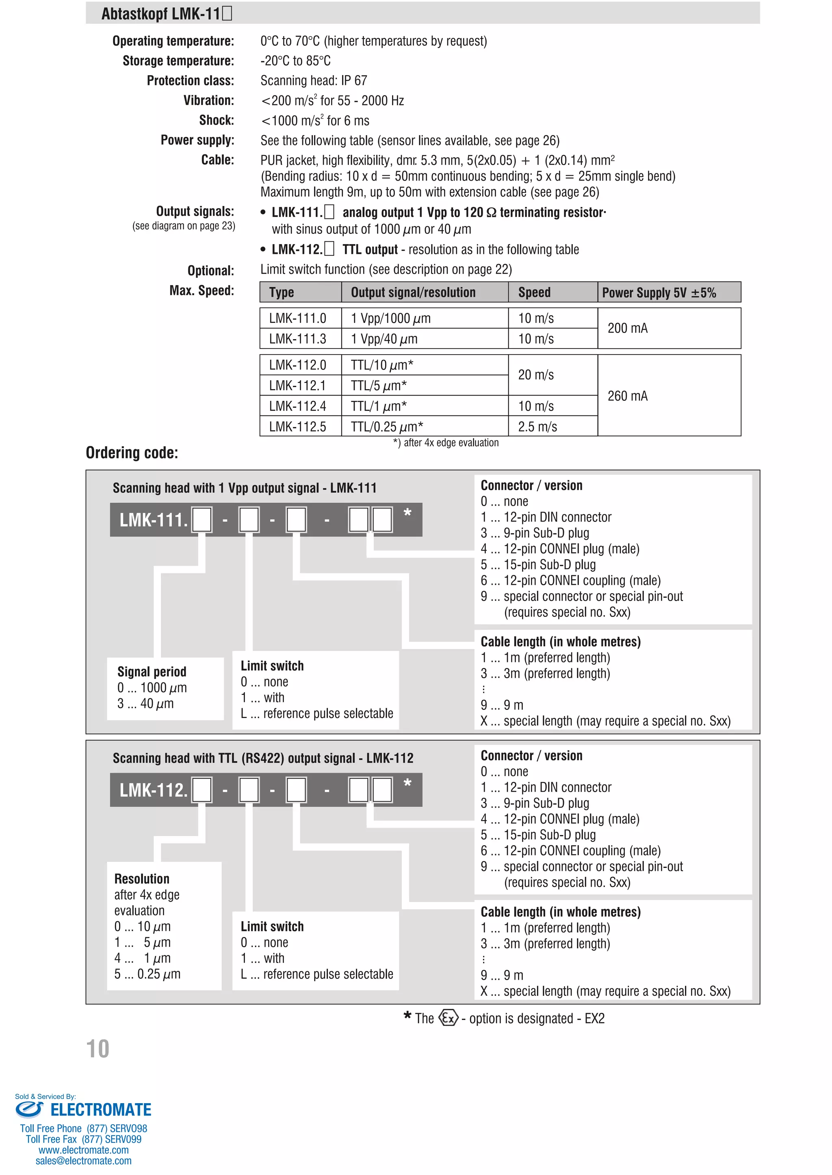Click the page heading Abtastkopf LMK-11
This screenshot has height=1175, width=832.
(x=167, y=13)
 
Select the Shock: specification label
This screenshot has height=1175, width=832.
(x=216, y=120)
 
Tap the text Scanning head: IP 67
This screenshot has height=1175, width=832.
(x=314, y=80)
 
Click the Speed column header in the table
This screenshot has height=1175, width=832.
(x=534, y=292)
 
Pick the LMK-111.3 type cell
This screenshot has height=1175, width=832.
(x=298, y=339)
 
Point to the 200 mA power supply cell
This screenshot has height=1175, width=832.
(x=628, y=328)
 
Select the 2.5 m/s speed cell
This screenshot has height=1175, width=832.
(x=537, y=427)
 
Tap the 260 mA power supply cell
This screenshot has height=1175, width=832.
(x=628, y=396)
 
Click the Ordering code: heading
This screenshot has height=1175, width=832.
(x=132, y=453)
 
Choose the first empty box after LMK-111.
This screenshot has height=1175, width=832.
(x=202, y=520)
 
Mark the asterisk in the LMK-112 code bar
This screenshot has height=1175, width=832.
(x=407, y=783)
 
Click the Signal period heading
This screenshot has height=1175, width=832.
(x=152, y=671)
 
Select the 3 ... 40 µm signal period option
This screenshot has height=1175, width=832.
(x=145, y=704)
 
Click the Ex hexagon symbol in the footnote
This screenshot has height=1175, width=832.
(x=448, y=1018)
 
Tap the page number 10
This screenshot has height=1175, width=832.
(x=97, y=1049)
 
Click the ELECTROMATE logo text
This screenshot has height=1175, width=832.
(x=100, y=1110)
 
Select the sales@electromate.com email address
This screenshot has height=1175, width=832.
(x=84, y=1161)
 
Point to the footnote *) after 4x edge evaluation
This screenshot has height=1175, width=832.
(x=446, y=443)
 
